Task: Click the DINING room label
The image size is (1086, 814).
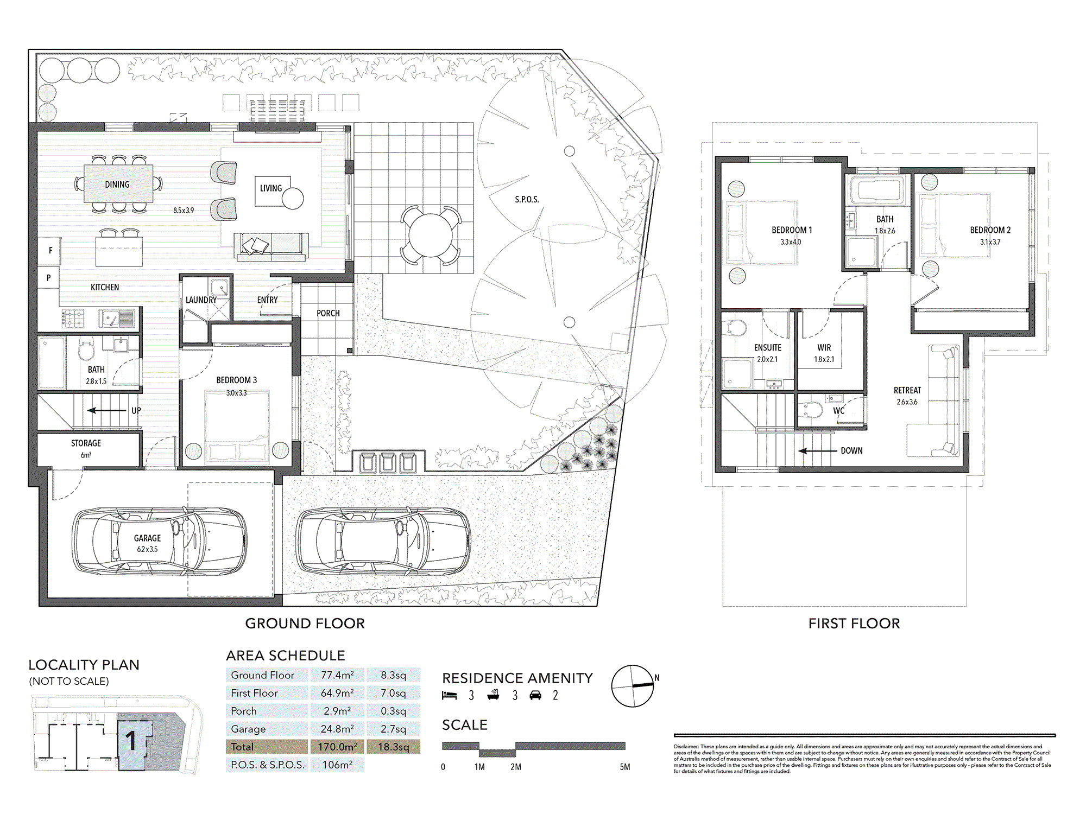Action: (x=117, y=185)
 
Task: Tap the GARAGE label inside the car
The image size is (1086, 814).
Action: (x=147, y=538)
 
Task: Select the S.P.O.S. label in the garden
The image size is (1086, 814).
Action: (x=527, y=200)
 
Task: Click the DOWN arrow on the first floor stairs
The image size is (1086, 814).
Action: (x=817, y=451)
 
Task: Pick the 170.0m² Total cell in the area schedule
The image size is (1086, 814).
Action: (x=337, y=747)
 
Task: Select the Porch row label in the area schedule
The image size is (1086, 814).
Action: (x=244, y=711)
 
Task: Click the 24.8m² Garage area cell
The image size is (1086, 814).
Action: (x=337, y=729)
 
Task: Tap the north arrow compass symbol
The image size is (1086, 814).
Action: (x=633, y=686)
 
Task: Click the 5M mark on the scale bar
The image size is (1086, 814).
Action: (x=625, y=767)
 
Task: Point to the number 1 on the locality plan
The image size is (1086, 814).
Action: (x=131, y=741)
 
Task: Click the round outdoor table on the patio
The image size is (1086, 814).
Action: (x=431, y=236)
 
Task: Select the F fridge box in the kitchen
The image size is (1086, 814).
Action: (x=50, y=251)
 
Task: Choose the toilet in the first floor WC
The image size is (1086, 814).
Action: (x=811, y=410)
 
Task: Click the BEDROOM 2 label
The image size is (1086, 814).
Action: (x=990, y=230)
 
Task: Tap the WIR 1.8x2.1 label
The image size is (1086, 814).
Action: (x=824, y=353)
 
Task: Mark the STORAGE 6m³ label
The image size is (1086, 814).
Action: (x=86, y=448)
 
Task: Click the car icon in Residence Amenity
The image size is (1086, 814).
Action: (x=535, y=695)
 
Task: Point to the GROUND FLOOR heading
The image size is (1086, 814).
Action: (x=305, y=624)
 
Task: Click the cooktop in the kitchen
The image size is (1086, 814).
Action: (x=73, y=319)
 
